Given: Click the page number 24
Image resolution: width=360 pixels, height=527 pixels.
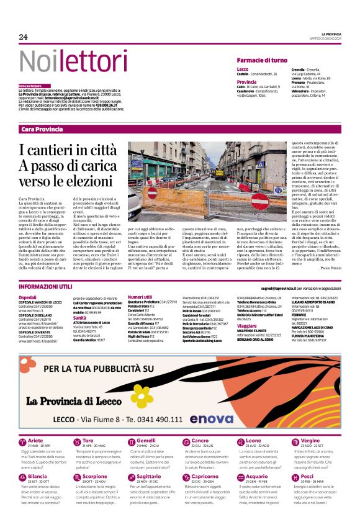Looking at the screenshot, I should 23,37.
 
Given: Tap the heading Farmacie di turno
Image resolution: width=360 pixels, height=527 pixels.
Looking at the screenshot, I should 262,60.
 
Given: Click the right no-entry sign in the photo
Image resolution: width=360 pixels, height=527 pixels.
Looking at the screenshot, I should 261,200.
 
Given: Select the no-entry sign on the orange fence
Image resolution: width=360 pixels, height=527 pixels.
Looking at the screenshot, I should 153,192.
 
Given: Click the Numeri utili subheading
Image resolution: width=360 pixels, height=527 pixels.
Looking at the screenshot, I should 140,297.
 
